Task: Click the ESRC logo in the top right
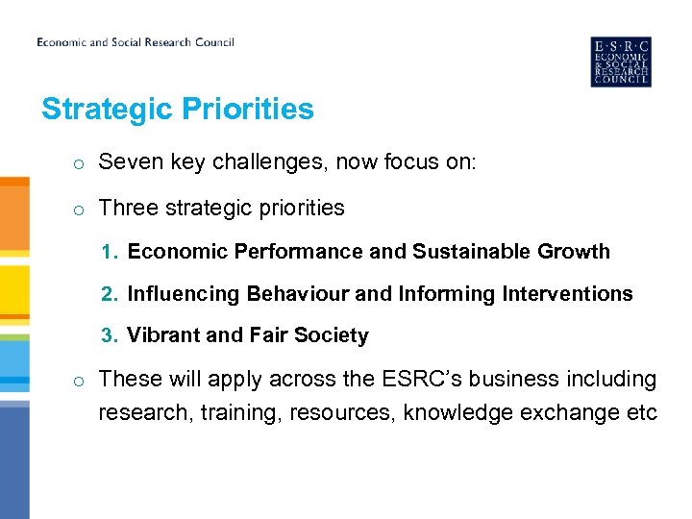620,62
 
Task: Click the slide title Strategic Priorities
178,110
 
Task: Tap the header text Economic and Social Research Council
136,42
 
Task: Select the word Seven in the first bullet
126,163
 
